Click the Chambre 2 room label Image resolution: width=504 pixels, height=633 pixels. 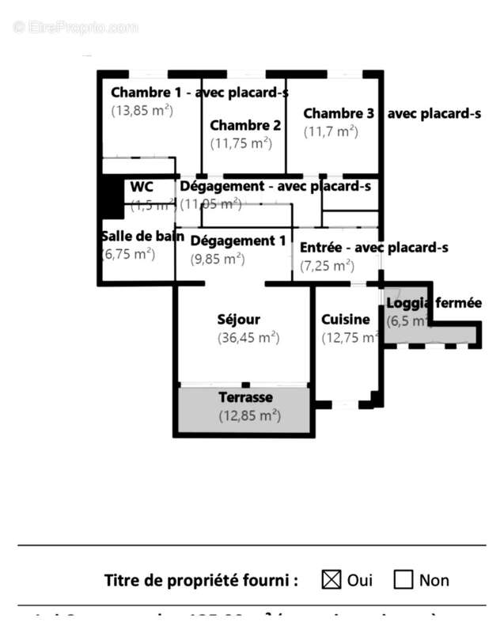(x=245, y=125)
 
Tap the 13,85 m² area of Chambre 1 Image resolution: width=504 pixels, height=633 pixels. (x=142, y=111)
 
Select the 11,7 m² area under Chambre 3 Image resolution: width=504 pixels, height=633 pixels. (x=331, y=131)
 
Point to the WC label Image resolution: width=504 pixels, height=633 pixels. (x=142, y=187)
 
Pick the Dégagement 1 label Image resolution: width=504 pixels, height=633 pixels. (x=238, y=241)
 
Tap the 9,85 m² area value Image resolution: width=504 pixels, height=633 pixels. (x=218, y=259)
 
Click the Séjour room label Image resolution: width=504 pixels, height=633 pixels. (x=238, y=320)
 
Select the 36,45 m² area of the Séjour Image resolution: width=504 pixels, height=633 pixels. (x=248, y=338)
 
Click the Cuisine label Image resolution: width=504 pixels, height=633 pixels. (x=345, y=320)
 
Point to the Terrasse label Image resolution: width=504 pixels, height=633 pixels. (x=245, y=397)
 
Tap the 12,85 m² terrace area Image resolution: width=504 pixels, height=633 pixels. (x=249, y=415)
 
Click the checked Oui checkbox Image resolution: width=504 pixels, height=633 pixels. (x=332, y=579)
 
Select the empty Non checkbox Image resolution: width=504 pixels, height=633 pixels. (x=404, y=579)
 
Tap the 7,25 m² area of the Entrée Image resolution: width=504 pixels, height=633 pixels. (x=327, y=266)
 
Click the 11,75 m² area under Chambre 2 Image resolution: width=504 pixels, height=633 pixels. (x=241, y=143)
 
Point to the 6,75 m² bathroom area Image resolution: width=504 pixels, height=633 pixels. (x=128, y=254)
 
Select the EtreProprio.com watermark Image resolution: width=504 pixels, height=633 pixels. (x=76, y=27)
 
